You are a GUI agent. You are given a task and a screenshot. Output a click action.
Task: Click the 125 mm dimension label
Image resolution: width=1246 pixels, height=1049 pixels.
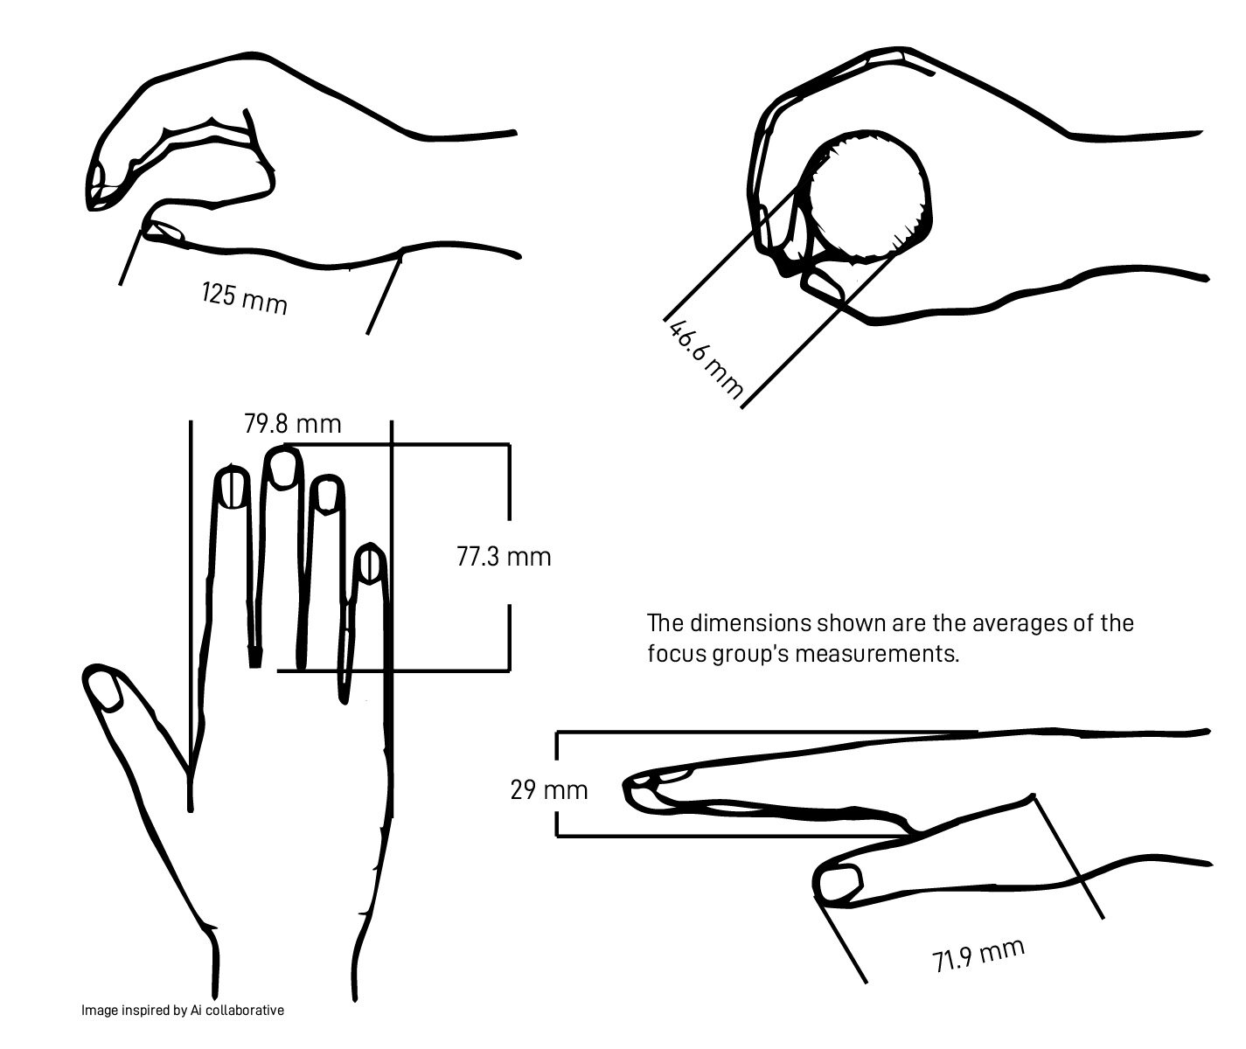[243, 297]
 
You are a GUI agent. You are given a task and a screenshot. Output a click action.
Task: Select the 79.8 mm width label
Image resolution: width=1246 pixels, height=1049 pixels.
[292, 425]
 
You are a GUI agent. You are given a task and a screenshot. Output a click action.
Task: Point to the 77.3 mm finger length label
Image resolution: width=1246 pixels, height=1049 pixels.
[504, 556]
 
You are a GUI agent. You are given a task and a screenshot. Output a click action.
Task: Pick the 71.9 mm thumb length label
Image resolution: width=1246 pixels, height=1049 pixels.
[978, 955]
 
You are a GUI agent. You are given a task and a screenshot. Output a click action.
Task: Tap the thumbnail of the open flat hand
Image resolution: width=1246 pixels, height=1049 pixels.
[108, 691]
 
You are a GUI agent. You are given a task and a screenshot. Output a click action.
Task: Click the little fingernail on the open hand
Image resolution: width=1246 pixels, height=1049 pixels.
[371, 565]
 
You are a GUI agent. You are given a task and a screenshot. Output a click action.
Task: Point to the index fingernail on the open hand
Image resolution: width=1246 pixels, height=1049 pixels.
[232, 488]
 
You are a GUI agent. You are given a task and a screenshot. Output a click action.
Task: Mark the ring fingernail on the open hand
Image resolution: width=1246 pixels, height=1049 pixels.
[327, 495]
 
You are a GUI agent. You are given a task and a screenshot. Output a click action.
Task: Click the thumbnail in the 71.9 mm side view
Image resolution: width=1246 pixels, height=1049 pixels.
[840, 882]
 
